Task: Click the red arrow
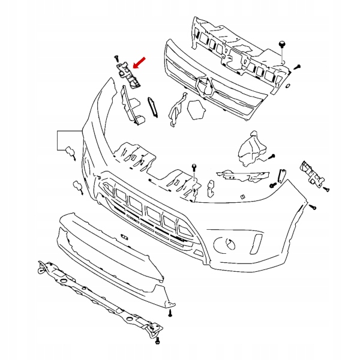click(140, 62)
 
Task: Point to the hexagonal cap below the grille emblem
click(196, 110)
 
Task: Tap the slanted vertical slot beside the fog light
click(258, 244)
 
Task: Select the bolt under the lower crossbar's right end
click(157, 341)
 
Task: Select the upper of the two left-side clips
click(70, 152)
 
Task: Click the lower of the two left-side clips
click(78, 187)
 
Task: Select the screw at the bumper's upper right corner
click(313, 208)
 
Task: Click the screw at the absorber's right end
click(297, 67)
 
